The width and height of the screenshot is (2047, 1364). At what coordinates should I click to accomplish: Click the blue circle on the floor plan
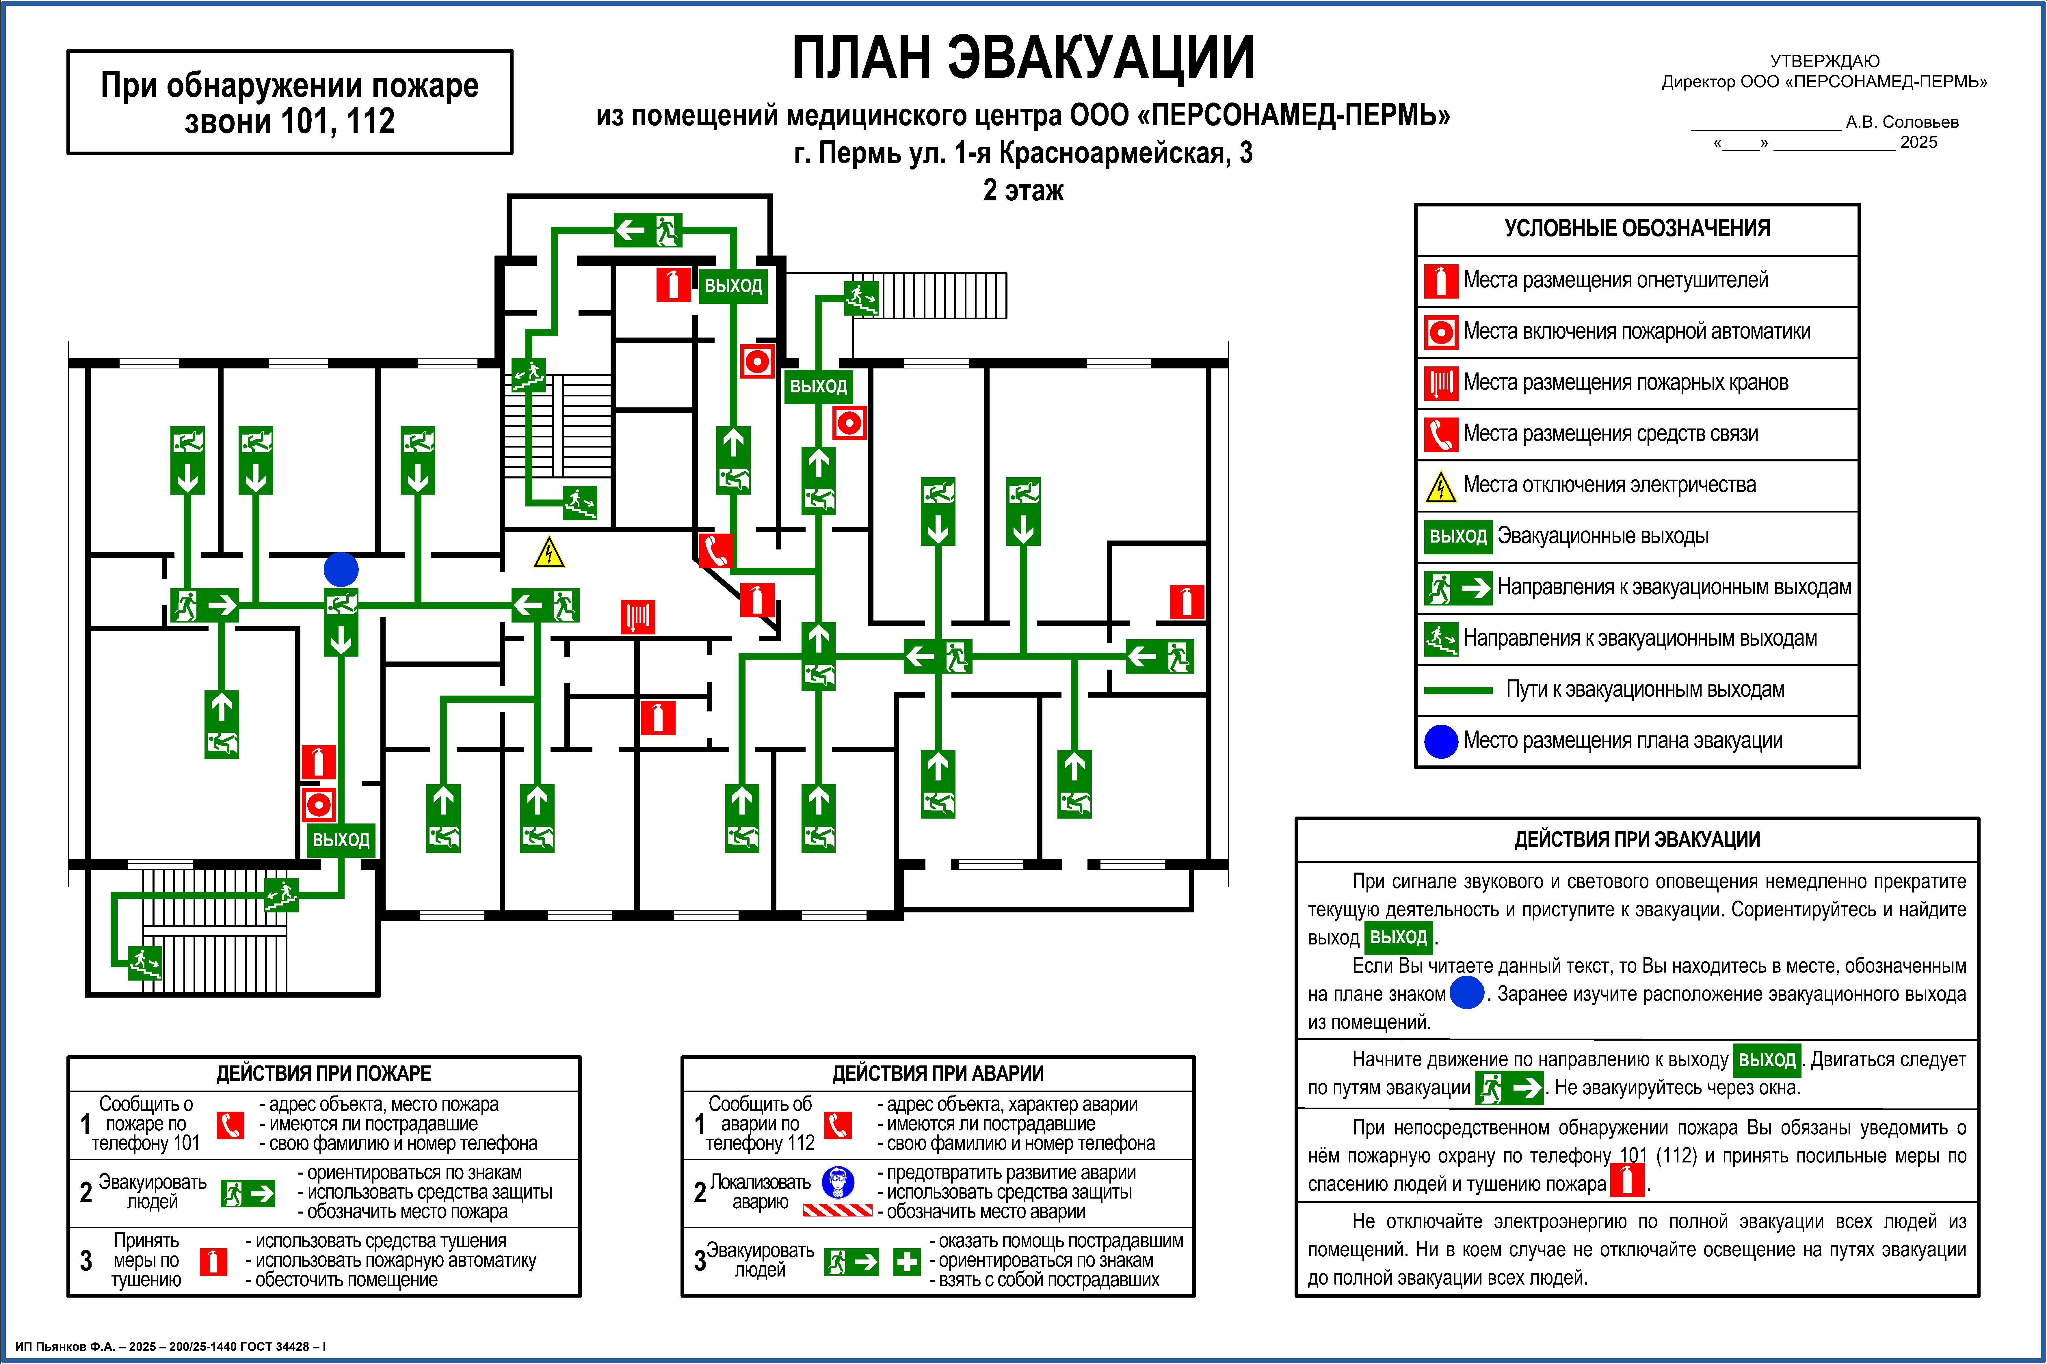coord(341,570)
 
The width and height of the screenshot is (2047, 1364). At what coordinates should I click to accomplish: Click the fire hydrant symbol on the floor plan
coord(638,617)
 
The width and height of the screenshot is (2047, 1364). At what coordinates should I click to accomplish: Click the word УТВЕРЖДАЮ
coord(1824,61)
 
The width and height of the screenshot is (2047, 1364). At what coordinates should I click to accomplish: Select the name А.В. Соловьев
coord(1902,122)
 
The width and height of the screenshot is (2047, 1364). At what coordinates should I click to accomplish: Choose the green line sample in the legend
coord(1458,690)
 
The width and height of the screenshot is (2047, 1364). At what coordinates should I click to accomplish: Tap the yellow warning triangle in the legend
coord(1441,486)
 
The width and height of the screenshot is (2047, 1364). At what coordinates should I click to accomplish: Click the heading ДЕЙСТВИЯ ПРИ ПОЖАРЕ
coord(323,1074)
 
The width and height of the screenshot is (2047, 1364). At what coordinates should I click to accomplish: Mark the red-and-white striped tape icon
coord(837,1210)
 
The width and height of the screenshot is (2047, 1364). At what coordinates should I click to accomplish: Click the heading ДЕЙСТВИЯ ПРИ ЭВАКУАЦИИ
coord(1637,839)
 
